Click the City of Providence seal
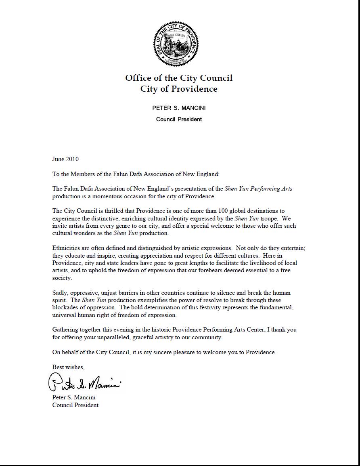coord(176,44)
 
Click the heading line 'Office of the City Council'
coord(179,78)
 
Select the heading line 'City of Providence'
coord(179,89)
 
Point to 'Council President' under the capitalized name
coord(179,119)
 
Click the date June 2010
coord(65,159)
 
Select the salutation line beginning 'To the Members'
coord(136,174)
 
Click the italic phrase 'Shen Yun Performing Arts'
coord(259,189)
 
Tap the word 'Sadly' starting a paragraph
coord(60,293)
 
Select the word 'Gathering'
coord(65,330)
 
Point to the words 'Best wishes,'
coord(68,367)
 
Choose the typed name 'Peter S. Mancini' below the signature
coord(74,397)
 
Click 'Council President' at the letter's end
coord(75,405)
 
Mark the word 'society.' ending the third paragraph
coord(62,278)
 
